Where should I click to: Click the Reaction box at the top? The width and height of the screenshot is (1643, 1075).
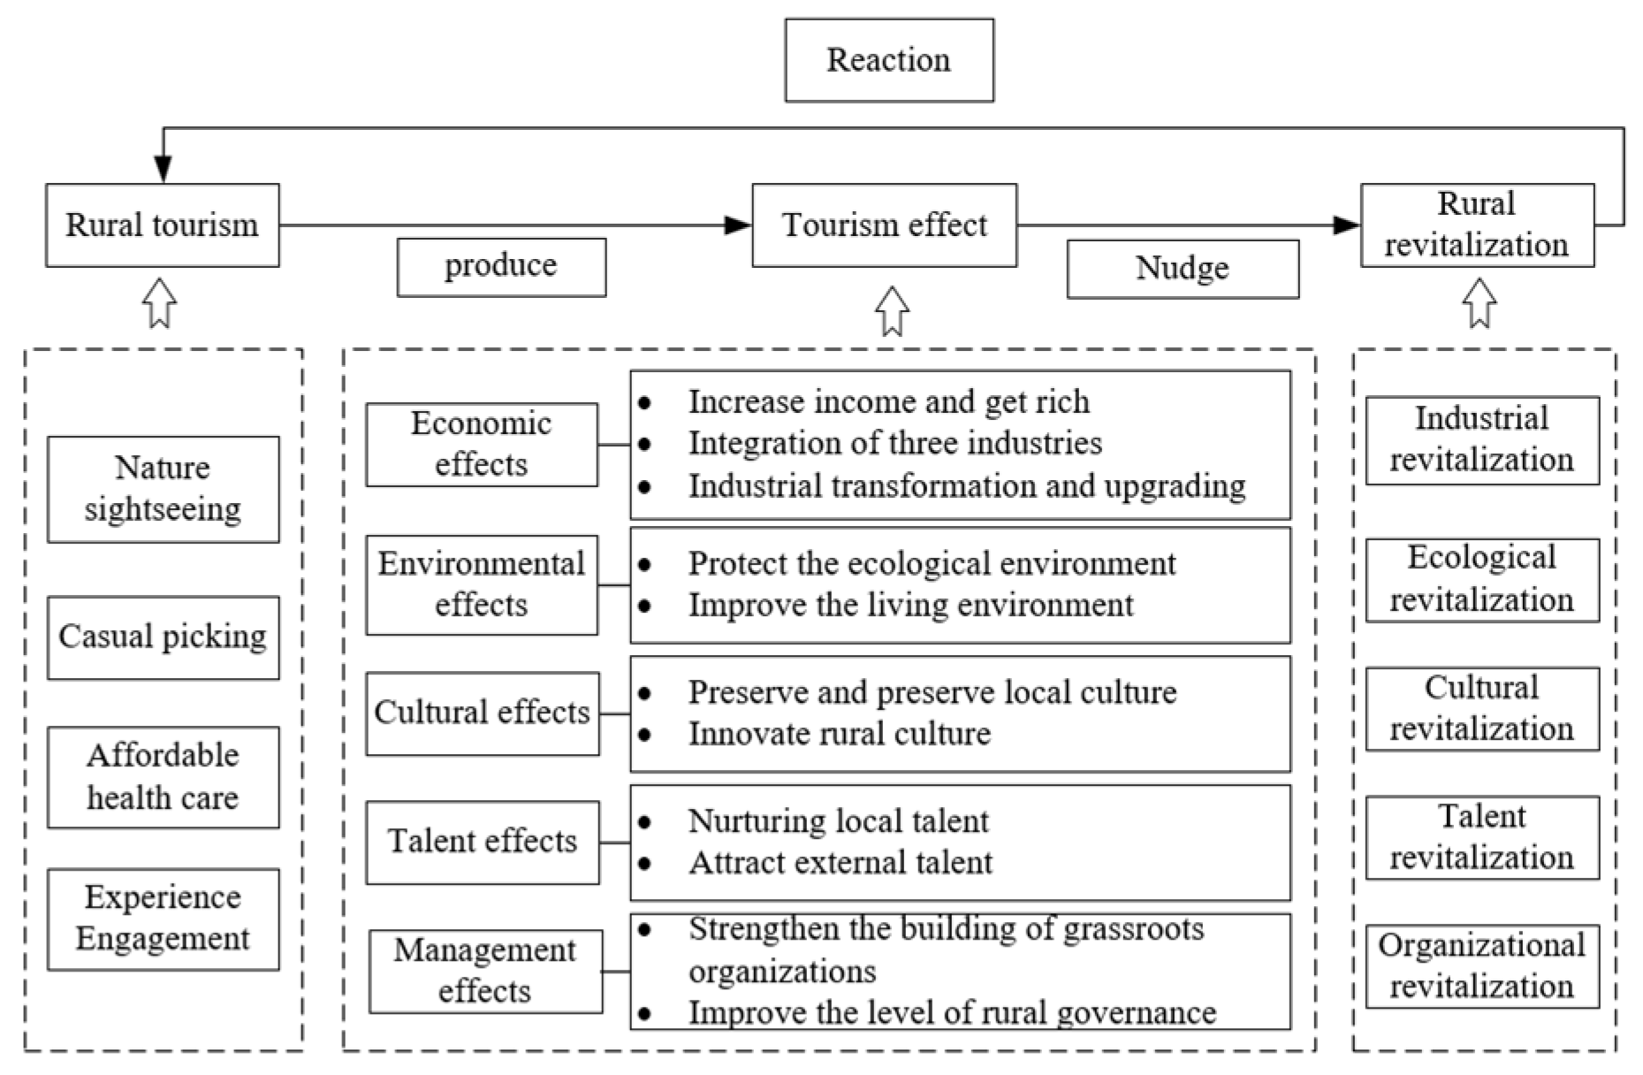coord(888,60)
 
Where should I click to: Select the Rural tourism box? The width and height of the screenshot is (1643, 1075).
coord(163,225)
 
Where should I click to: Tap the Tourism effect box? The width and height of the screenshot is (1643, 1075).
coord(884,225)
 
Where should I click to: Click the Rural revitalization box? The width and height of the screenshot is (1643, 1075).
coord(1476,225)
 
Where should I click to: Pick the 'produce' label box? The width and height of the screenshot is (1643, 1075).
coord(501,267)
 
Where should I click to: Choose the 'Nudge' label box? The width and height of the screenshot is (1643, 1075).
coord(1182,269)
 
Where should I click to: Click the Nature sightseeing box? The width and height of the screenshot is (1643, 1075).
coord(163,489)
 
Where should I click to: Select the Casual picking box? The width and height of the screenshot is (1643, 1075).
coord(163,637)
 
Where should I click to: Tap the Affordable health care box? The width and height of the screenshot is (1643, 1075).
coord(163,777)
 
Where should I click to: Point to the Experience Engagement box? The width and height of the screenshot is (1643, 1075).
coord(163,919)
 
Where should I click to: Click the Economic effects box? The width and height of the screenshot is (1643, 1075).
coord(482,445)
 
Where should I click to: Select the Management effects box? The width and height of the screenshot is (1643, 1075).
coord(485,971)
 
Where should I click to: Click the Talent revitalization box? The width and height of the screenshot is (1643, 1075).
coord(1482,837)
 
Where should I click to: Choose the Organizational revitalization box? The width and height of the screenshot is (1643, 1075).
coord(1482,966)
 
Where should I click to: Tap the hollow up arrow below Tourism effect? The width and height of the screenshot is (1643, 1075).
coord(892,311)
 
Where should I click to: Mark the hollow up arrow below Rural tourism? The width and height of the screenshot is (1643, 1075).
coord(160,303)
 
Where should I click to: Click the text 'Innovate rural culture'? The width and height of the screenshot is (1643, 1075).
coord(840,734)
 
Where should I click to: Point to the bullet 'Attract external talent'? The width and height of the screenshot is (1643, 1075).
coord(840,863)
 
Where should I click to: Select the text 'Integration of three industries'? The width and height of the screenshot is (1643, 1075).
coord(894,443)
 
